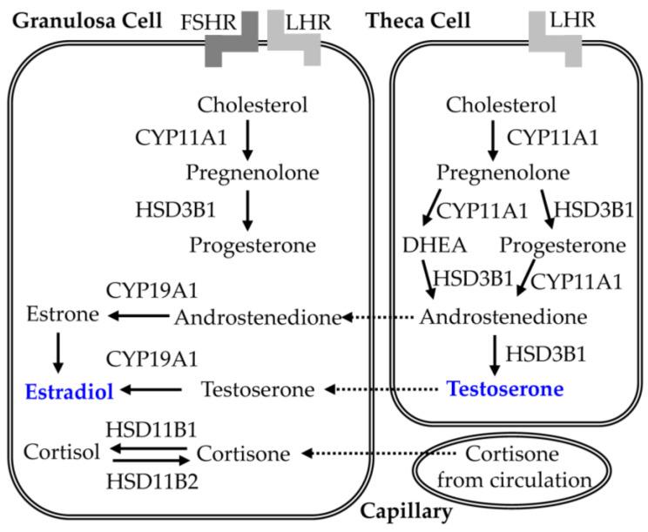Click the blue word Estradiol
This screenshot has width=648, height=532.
[x=70, y=391]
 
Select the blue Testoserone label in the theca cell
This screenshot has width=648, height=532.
[x=505, y=389]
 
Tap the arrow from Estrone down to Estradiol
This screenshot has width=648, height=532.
[x=57, y=354]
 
